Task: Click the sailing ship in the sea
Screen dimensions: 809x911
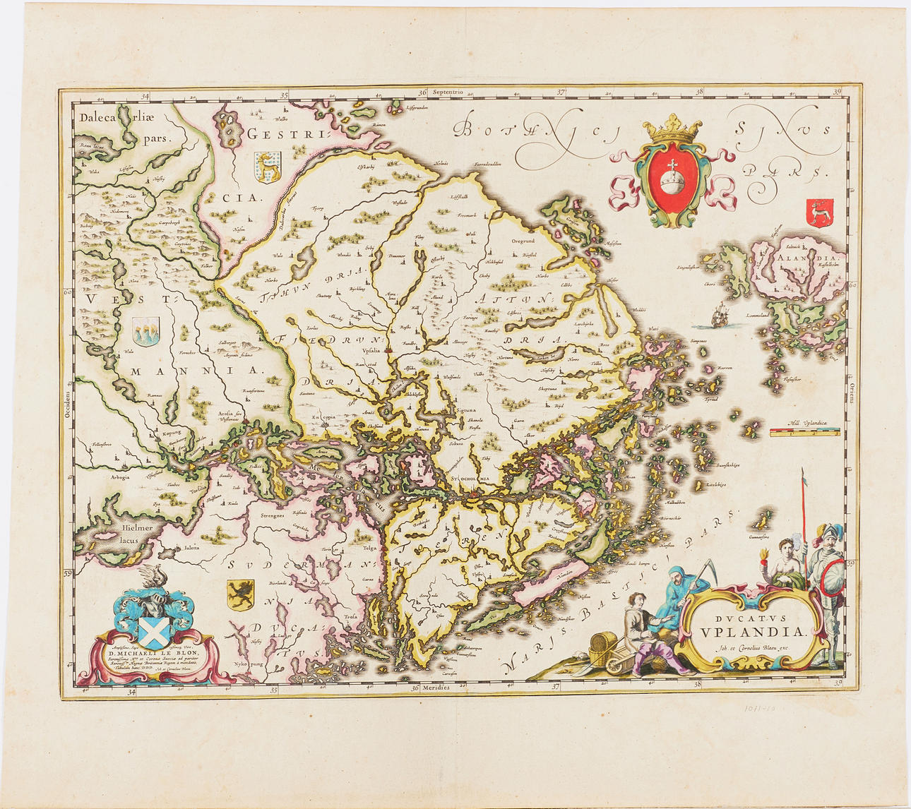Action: point(718,314)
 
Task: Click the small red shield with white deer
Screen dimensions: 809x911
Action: point(819,212)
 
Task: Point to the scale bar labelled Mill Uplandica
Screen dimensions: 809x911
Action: point(804,433)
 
